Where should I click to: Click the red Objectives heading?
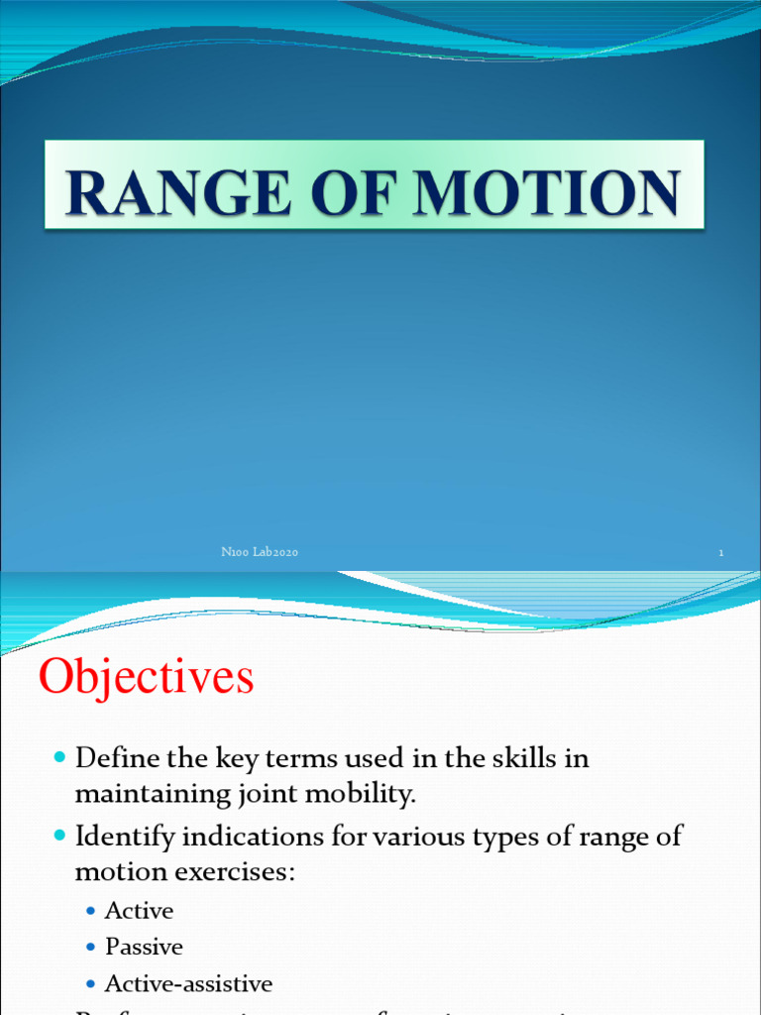pos(147,678)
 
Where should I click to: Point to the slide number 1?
pos(721,553)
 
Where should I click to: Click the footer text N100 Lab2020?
pos(260,553)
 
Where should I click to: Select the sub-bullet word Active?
pos(139,910)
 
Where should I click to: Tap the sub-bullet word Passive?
pos(144,947)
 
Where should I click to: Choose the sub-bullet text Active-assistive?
pos(188,983)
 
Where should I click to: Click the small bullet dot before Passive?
pos(91,948)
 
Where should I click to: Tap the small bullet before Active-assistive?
pos(91,984)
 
